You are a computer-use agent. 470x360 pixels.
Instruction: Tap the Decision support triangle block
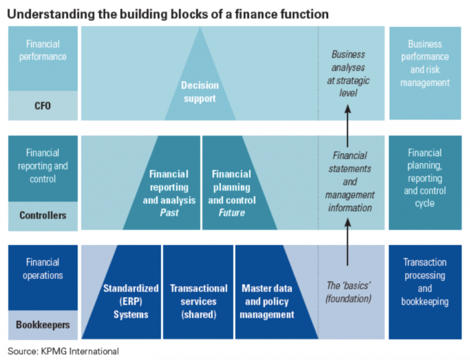200,91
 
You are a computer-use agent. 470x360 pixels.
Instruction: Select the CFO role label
43,105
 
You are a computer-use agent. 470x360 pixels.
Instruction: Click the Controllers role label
43,216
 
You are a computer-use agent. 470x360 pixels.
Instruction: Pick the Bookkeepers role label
43,326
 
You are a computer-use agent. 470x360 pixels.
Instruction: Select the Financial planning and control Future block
231,193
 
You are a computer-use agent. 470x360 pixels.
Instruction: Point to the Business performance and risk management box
425,64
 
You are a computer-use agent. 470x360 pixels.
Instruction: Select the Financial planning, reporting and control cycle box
425,178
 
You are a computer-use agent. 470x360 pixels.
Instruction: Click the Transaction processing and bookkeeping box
425,282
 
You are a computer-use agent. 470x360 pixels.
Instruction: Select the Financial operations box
43,269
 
